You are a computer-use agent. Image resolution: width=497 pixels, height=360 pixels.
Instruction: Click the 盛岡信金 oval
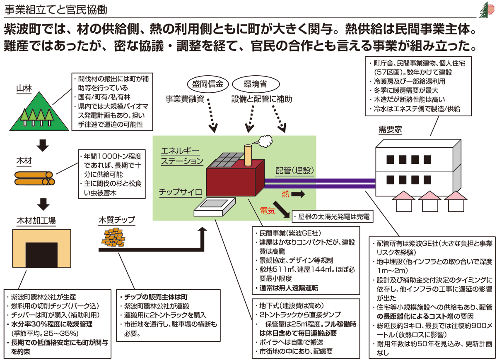coord(207,84)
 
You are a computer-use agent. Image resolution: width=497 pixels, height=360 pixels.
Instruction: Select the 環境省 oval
coord(256,84)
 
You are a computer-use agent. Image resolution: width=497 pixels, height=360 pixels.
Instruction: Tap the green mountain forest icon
coord(39,111)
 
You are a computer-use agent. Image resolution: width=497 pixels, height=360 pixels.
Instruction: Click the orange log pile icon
coord(35,178)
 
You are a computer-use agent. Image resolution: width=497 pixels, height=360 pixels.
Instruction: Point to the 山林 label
coord(24,88)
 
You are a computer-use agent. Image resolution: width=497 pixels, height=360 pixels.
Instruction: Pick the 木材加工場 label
coord(36,221)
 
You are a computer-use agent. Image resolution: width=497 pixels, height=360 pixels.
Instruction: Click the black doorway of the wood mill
coord(41,255)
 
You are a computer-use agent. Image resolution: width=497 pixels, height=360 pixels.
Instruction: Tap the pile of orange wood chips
coord(113,238)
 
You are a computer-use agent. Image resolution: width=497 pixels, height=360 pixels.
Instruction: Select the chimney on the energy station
coord(248,155)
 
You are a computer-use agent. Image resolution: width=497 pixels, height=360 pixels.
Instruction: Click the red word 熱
coord(285,194)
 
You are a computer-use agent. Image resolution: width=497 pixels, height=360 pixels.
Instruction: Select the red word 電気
coord(268,210)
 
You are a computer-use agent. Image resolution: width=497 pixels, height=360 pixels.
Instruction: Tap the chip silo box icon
coord(215,207)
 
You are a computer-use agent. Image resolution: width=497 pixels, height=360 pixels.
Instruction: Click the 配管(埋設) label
coord(294,170)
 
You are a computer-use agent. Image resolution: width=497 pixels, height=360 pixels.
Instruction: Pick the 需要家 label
coord(390,130)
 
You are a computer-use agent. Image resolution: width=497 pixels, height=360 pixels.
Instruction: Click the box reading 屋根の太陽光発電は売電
coord(332,216)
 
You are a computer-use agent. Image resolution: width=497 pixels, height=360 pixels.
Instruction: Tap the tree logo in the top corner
coord(487,10)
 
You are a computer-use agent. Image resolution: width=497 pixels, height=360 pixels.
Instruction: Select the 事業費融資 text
coord(185,99)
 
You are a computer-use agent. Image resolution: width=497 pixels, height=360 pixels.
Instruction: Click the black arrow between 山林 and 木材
coord(43,145)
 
